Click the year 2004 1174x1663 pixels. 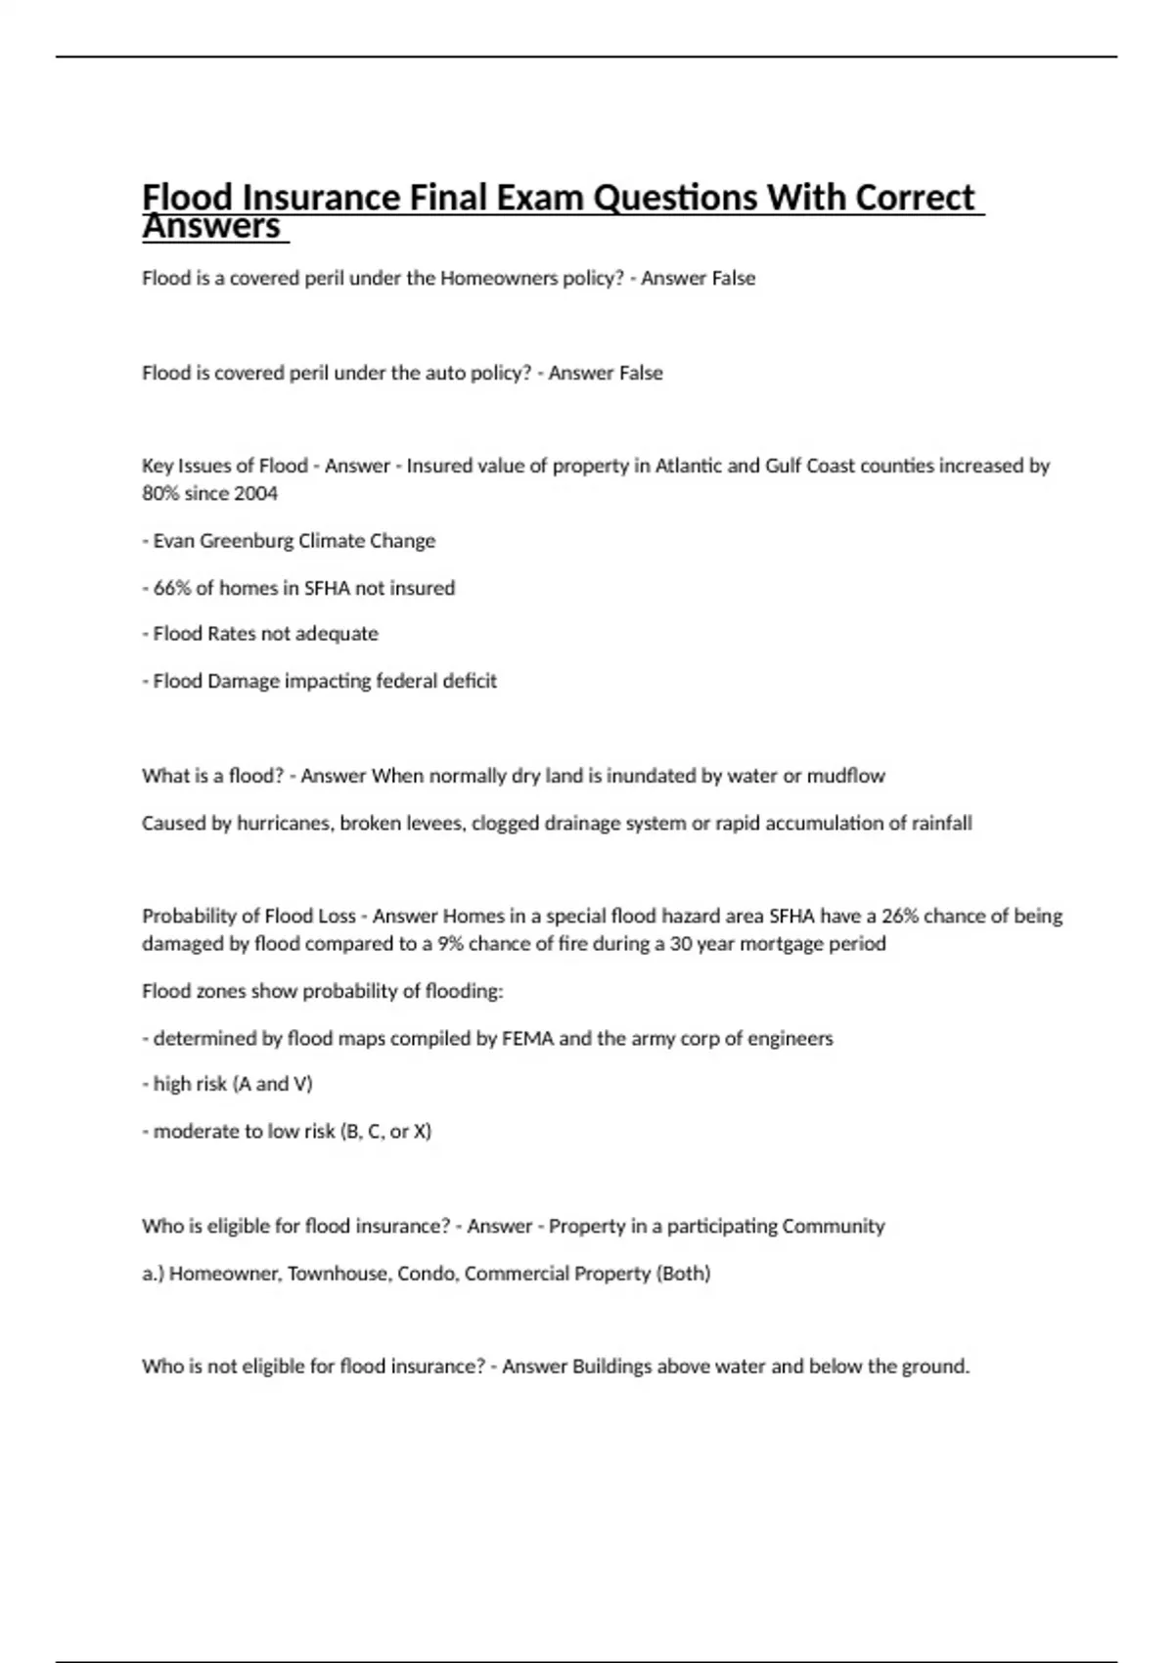tap(255, 493)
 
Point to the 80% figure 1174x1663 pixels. tap(160, 493)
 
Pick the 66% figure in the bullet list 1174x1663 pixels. tap(173, 588)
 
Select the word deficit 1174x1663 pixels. tap(469, 681)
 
